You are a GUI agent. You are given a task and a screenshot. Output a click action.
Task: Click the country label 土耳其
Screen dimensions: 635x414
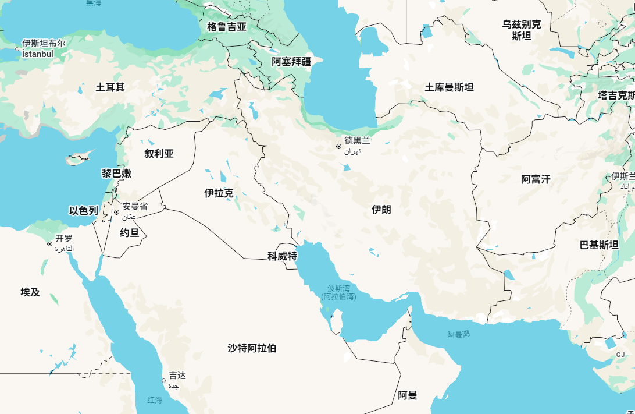pyautogui.click(x=110, y=87)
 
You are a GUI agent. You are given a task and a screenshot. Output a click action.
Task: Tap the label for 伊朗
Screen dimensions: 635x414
pyautogui.click(x=381, y=210)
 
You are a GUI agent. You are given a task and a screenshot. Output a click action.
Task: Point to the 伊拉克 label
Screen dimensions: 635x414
pyautogui.click(x=219, y=193)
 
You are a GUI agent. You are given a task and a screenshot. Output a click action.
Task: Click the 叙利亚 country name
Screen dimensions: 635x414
pyautogui.click(x=159, y=154)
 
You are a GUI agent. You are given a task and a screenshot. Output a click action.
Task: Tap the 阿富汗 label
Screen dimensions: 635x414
pyautogui.click(x=536, y=179)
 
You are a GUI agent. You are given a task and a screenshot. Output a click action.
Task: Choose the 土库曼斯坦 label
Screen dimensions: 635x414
pyautogui.click(x=449, y=87)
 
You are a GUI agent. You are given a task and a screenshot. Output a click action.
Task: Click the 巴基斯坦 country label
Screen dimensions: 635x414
pyautogui.click(x=599, y=245)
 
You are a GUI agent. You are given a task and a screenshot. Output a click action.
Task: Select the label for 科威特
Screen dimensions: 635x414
pyautogui.click(x=282, y=256)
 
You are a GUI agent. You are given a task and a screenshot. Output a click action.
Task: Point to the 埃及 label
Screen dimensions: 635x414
pyautogui.click(x=30, y=292)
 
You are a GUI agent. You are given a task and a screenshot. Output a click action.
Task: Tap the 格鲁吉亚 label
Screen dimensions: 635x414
pyautogui.click(x=227, y=27)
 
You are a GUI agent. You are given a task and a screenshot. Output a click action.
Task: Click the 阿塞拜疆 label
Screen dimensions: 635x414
pyautogui.click(x=291, y=61)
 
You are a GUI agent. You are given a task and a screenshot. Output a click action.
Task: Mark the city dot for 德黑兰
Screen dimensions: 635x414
pyautogui.click(x=338, y=147)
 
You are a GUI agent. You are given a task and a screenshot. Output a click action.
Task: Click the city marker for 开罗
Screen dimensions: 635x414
pyautogui.click(x=49, y=244)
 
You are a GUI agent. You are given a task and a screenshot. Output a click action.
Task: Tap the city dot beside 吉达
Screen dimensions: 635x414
pyautogui.click(x=163, y=381)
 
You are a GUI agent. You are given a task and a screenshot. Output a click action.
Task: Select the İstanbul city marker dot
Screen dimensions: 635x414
pyautogui.click(x=17, y=50)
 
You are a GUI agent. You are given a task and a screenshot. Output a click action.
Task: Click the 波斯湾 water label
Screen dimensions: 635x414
pyautogui.click(x=338, y=288)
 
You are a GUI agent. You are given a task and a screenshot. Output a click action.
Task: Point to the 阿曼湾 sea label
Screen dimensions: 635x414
pyautogui.click(x=458, y=335)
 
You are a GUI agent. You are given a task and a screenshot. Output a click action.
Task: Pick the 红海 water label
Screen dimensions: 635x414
pyautogui.click(x=155, y=400)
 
